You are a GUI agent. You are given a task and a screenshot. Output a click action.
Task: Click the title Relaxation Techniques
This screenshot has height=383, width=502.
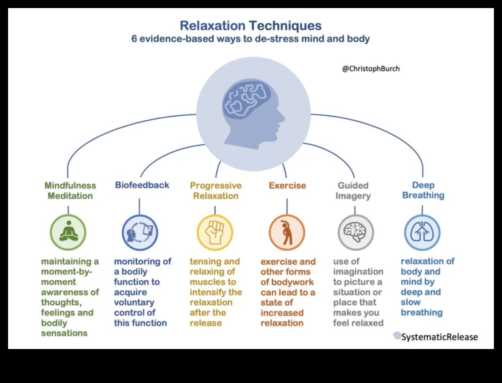pyautogui.click(x=251, y=26)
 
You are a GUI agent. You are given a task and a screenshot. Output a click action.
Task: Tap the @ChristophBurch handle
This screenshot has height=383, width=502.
pyautogui.click(x=371, y=69)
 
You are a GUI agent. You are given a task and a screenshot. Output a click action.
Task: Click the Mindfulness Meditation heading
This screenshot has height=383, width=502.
pyautogui.click(x=70, y=190)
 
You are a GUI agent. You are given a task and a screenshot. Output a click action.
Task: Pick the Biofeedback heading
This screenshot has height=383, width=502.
pyautogui.click(x=142, y=185)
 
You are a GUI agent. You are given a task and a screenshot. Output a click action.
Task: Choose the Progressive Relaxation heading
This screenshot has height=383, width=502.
pyautogui.click(x=216, y=190)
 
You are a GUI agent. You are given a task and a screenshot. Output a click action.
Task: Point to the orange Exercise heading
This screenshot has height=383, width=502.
pyautogui.click(x=287, y=186)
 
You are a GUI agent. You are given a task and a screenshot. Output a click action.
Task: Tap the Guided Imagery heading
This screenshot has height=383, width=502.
pyautogui.click(x=353, y=190)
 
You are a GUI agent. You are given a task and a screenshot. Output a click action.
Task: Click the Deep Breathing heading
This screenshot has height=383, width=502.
pyautogui.click(x=423, y=190)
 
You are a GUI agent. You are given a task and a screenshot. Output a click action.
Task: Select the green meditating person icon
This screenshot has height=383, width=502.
pyautogui.click(x=68, y=232)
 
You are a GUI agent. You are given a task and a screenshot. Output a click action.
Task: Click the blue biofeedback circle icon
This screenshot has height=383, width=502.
pyautogui.click(x=140, y=233)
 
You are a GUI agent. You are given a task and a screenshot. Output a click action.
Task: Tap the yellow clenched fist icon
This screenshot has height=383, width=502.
pyautogui.click(x=215, y=233)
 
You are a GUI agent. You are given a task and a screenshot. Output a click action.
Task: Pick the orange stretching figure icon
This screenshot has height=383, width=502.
pyautogui.click(x=287, y=233)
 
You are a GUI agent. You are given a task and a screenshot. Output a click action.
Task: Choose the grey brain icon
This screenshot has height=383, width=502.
pyautogui.click(x=355, y=233)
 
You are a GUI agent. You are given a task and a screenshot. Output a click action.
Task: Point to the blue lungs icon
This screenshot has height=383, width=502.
pyautogui.click(x=422, y=233)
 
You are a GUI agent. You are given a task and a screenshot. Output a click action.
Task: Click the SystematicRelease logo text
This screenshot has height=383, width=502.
pyautogui.click(x=440, y=337)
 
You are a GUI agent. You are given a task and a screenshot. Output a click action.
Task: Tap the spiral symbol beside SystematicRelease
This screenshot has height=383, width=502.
pyautogui.click(x=397, y=336)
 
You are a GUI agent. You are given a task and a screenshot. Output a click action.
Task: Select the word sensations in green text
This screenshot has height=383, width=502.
pyautogui.click(x=64, y=333)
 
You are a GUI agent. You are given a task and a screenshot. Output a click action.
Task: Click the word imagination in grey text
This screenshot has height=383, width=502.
pyautogui.click(x=358, y=272)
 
